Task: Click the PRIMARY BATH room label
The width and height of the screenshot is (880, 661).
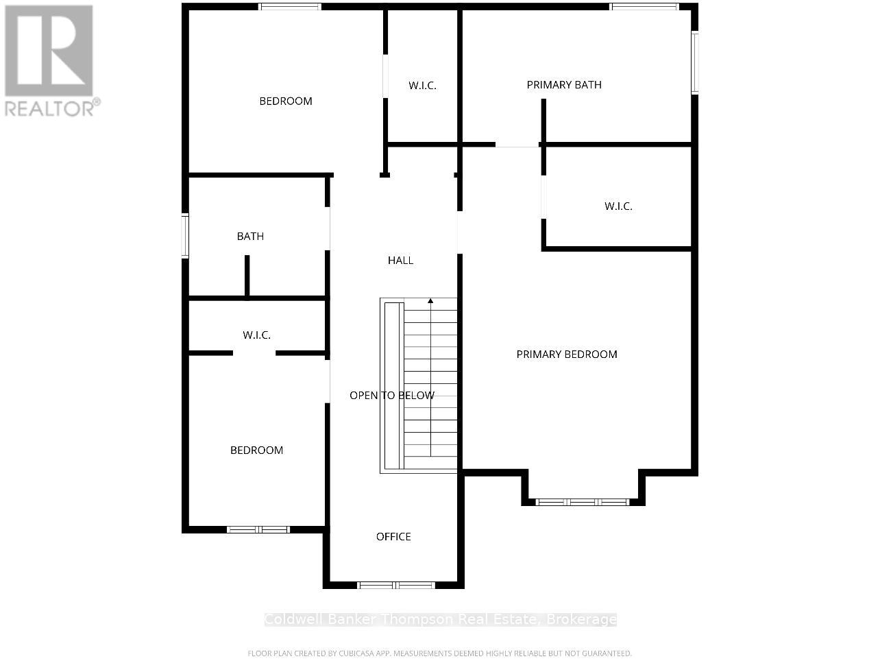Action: tap(564, 85)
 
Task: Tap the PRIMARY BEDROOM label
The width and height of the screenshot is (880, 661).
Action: tap(567, 354)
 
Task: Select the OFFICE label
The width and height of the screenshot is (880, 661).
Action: tap(393, 537)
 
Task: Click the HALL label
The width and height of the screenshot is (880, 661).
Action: tap(400, 261)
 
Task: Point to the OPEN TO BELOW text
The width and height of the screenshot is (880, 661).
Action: tap(391, 396)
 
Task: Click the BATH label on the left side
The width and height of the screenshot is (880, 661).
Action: tap(250, 237)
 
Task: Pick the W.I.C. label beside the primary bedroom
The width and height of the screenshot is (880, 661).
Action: tap(618, 206)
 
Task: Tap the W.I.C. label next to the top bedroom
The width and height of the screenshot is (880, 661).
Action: tap(422, 86)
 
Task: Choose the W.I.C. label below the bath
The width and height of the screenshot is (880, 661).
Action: tap(256, 335)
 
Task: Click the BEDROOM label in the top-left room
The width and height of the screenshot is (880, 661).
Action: tap(285, 101)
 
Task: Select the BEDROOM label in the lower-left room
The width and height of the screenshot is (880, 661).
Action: tap(256, 450)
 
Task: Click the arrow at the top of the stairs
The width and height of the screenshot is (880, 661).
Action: tap(430, 300)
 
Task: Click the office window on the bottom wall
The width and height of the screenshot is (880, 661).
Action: tap(396, 585)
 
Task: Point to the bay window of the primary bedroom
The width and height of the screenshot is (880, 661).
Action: tap(583, 502)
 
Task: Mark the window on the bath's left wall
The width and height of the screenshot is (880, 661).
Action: tap(185, 236)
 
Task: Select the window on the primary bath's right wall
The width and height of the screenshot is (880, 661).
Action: tap(695, 62)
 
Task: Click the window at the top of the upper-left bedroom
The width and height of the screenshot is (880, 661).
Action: tap(290, 7)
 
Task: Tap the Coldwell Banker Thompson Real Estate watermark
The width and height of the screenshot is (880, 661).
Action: tap(440, 620)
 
